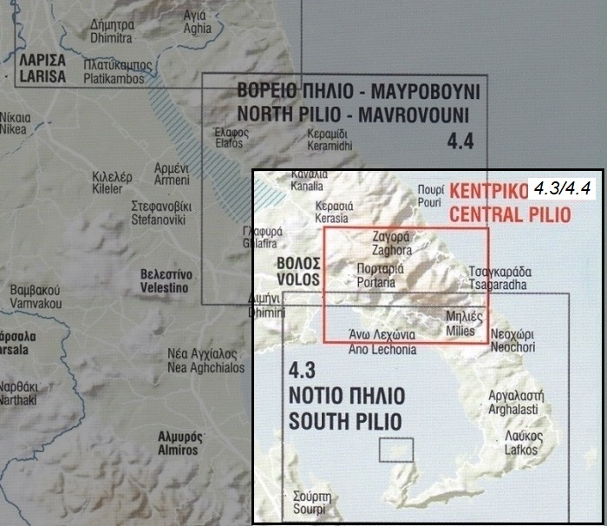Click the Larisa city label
(x=41, y=69)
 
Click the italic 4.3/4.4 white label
(x=561, y=188)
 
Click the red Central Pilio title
(x=500, y=202)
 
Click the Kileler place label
(x=112, y=182)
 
